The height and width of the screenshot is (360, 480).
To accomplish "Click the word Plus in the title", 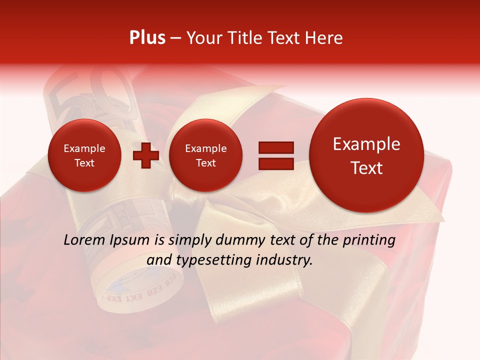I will (147, 38).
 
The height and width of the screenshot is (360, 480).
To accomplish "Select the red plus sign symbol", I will (145, 155).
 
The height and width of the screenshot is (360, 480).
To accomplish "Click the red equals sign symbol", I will (275, 155).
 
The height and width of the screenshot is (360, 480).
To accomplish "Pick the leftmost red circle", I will (84, 155).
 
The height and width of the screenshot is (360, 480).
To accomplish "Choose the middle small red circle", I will (205, 155).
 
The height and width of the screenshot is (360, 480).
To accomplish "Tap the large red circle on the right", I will (366, 155).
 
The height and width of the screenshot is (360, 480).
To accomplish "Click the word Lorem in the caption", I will (84, 240).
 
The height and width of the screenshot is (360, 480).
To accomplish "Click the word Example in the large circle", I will (366, 144).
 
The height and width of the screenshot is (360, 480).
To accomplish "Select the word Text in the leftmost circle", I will (84, 163).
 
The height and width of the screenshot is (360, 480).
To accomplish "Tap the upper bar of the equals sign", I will (275, 147).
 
